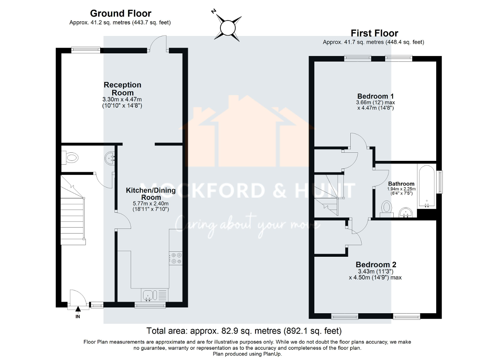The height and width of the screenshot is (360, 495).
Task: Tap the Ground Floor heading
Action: pos(120,14)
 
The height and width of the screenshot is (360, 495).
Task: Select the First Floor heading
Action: pos(374,33)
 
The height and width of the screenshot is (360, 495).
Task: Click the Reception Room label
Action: pos(122,89)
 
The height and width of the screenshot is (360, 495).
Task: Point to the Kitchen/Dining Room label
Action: pos(150,194)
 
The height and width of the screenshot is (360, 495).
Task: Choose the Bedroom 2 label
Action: pos(376,265)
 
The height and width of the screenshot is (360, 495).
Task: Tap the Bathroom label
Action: pos(401,184)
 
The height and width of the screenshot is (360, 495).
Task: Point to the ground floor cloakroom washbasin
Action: pos(109,157)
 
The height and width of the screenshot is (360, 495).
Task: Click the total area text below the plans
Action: pos(244,331)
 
